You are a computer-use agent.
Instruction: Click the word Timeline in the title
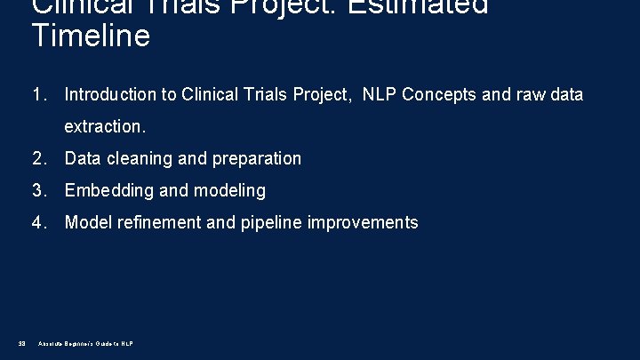(90, 37)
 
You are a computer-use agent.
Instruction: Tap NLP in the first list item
(379, 95)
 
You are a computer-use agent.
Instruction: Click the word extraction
(104, 127)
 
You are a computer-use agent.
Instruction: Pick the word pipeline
(270, 223)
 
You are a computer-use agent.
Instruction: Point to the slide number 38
(20, 343)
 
